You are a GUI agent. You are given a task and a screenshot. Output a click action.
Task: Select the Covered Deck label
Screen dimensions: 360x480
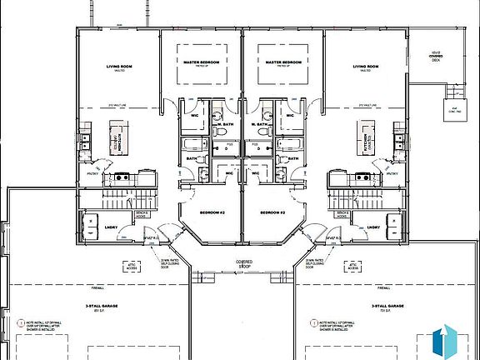[434, 56]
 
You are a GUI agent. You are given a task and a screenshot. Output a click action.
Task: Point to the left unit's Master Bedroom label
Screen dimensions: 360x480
[201, 62]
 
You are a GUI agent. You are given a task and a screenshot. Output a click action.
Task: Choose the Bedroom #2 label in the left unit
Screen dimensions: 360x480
[204, 213]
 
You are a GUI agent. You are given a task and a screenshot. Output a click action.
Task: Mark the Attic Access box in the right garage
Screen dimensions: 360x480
[354, 268]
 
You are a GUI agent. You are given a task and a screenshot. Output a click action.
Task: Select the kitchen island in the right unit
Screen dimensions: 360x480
[364, 137]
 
